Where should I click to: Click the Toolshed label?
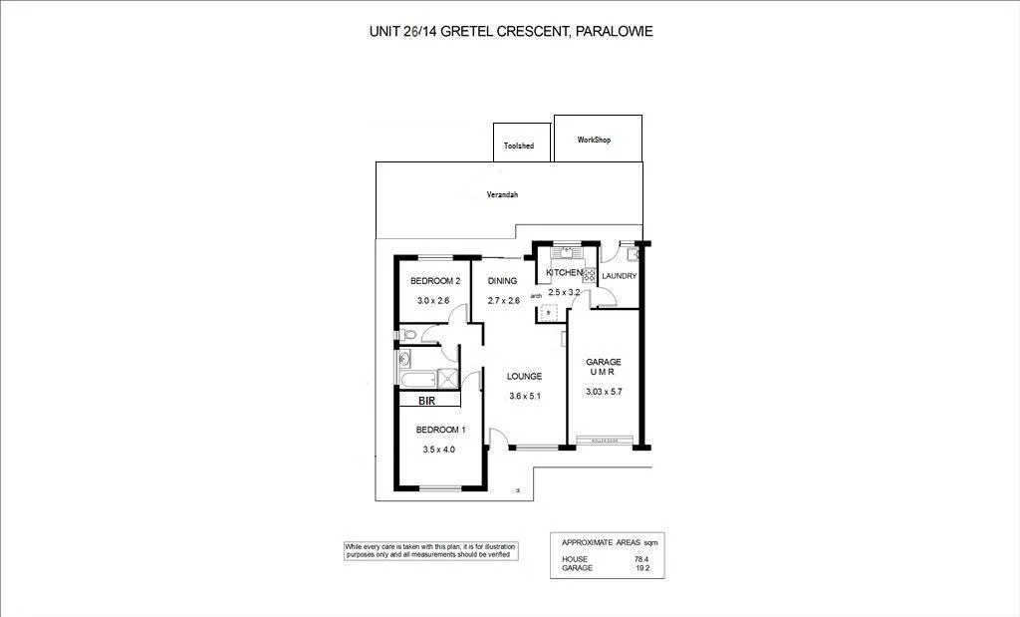pyautogui.click(x=518, y=147)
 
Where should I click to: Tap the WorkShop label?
pyautogui.click(x=594, y=141)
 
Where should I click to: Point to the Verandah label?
pyautogui.click(x=502, y=195)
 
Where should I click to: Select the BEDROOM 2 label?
pyautogui.click(x=435, y=281)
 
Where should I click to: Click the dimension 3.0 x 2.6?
pyautogui.click(x=433, y=300)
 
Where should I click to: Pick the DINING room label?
pyautogui.click(x=502, y=281)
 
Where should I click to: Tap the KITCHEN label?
pyautogui.click(x=563, y=273)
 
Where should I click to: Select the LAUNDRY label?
pyautogui.click(x=619, y=276)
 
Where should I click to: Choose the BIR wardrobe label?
pyautogui.click(x=427, y=401)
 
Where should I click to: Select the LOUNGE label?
pyautogui.click(x=524, y=377)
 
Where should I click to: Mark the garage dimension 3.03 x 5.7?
pyautogui.click(x=604, y=392)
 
